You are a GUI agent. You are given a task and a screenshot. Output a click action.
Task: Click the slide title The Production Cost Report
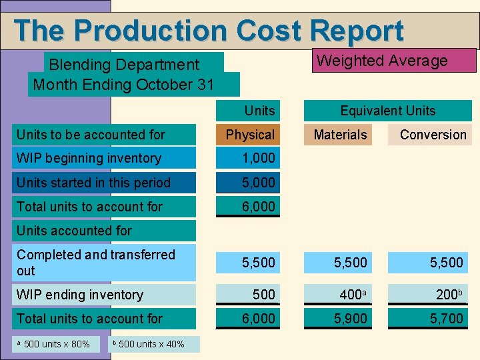coord(208,31)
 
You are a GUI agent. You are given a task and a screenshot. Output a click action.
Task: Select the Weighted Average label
coord(382,61)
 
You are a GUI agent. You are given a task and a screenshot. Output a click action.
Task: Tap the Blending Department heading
coord(124,65)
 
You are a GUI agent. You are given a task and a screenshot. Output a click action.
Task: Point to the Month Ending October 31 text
coord(124,85)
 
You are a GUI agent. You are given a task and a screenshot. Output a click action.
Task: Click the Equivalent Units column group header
coord(387,111)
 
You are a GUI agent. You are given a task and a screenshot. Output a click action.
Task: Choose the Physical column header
coord(250,135)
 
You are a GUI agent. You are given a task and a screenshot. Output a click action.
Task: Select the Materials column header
coord(340,135)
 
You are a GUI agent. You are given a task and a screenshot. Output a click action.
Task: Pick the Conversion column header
coord(433,135)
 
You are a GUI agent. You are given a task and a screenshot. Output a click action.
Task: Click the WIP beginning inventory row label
coord(89,158)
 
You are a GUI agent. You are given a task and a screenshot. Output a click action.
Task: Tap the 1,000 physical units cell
coord(258,158)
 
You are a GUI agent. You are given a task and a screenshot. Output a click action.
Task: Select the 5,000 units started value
coord(258,183)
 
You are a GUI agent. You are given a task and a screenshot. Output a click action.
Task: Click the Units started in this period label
coord(93,183)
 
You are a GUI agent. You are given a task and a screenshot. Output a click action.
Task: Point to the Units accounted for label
coord(74,231)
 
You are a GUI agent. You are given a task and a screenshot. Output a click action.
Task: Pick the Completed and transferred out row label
coord(95,263)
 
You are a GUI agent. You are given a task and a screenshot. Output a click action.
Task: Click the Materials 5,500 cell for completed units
coord(351,263)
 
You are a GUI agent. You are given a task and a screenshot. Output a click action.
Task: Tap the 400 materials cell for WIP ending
coord(351,295)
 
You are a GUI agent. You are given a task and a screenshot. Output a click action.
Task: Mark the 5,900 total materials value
coord(351,319)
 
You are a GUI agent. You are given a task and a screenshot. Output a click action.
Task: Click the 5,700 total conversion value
coord(446,319)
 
